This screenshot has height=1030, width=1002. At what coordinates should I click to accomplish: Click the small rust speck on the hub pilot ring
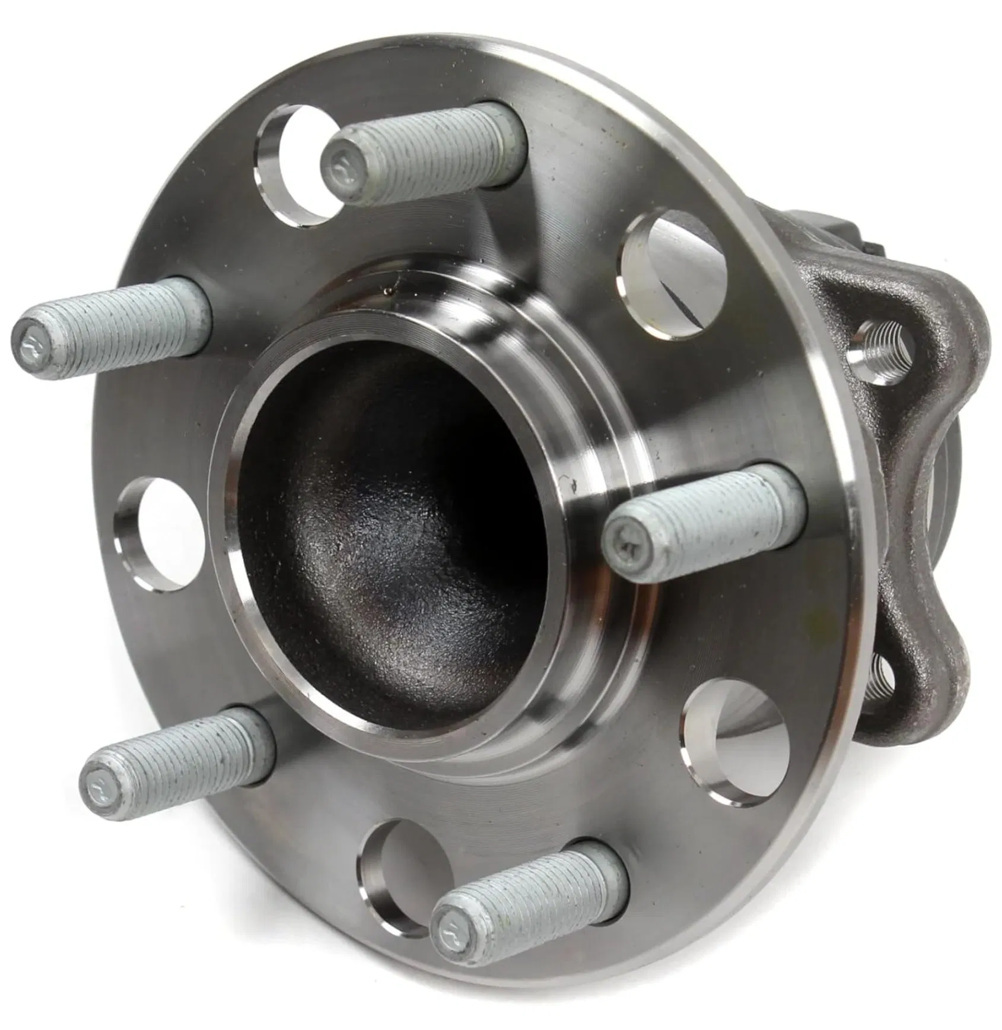click(x=389, y=291)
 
